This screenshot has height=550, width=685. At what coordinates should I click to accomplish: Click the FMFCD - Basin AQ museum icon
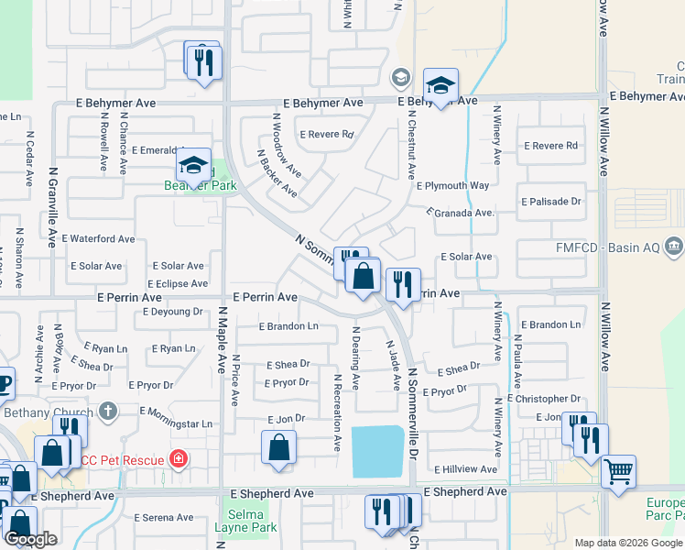coord(674,246)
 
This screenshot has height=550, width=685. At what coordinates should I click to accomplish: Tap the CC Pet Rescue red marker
coord(179,459)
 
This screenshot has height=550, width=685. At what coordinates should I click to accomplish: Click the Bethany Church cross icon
coord(108,412)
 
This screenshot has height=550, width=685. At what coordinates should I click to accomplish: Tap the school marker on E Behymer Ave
coord(441,86)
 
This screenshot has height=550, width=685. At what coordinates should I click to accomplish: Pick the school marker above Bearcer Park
coord(193,166)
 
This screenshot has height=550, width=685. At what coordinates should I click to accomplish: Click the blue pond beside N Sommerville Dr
coord(378,450)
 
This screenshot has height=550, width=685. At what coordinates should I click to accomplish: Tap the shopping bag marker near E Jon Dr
coord(278,449)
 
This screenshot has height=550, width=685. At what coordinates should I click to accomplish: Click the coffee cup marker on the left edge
coord(4,382)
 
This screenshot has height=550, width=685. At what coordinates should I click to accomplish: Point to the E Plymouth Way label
coord(452,185)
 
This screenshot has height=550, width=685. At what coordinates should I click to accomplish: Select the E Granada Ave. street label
coord(460,213)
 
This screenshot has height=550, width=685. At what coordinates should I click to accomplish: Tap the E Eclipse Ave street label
coord(176,284)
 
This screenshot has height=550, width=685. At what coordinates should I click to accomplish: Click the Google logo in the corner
coord(30,539)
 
